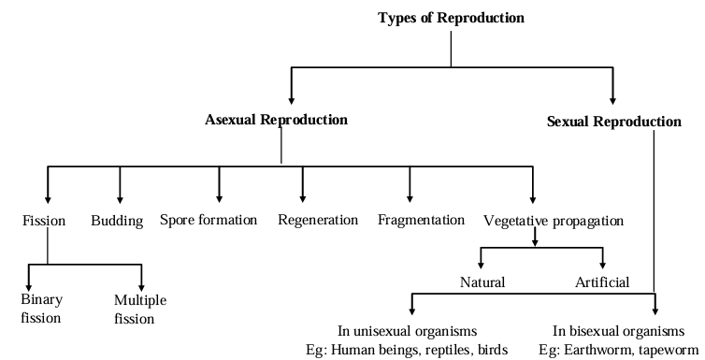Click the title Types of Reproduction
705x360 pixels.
[x=451, y=18]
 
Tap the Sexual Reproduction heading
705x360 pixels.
[x=613, y=122]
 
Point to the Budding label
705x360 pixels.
[x=117, y=221]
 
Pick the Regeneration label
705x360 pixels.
[x=318, y=221]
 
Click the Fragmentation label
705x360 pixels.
[x=421, y=221]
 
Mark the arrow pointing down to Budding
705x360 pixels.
[x=120, y=185]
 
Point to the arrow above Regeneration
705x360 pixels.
[x=302, y=185]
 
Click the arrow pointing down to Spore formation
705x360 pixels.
[x=220, y=185]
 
